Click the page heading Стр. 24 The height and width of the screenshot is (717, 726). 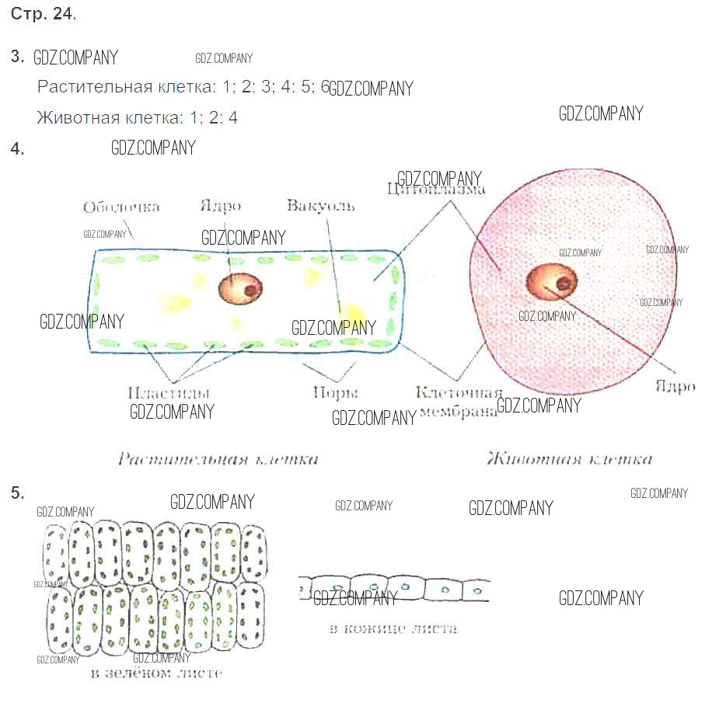pos(44,14)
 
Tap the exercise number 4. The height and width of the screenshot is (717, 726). pos(18,149)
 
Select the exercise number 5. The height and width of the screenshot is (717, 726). pos(18,492)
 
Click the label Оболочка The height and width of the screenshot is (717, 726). pos(121,207)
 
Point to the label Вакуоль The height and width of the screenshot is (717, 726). pos(320,206)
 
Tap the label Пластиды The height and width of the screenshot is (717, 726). pos(169,392)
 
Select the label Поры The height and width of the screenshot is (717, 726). pos(335,392)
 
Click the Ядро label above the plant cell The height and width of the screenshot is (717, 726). pos(220,206)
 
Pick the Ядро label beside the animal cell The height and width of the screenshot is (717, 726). pos(674,386)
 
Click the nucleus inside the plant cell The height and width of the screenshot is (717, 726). pos(240,289)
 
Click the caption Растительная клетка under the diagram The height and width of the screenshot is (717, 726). pos(218,459)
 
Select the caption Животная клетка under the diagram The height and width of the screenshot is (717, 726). pos(569,459)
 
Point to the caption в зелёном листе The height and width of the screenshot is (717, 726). pos(156,673)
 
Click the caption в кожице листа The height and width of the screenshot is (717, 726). pos(394,628)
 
